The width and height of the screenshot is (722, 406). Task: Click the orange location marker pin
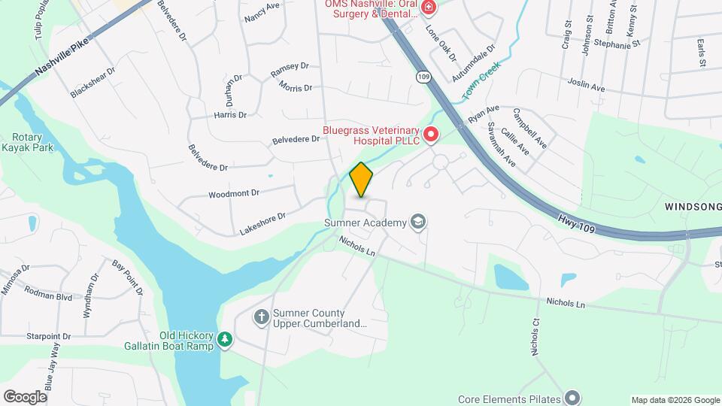point(362,180)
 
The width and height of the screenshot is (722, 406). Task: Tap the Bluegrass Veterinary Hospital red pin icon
point(431,135)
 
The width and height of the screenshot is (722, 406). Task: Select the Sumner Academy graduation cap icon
point(417,222)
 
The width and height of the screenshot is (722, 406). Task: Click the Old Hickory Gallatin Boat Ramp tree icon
point(224,341)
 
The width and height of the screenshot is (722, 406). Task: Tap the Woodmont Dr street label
point(234,193)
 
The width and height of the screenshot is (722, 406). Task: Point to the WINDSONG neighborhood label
point(693,206)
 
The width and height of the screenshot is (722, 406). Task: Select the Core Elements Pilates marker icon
point(573,398)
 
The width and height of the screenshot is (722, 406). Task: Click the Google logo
point(25,396)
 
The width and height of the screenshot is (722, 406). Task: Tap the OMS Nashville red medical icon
point(429,8)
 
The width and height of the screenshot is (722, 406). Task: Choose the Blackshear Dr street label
point(93,83)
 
